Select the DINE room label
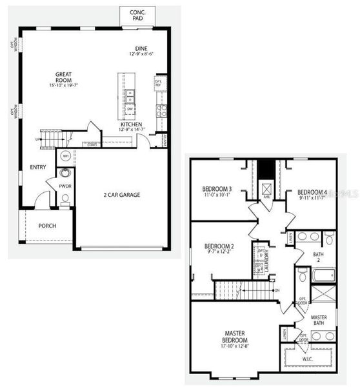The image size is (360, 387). [141, 48]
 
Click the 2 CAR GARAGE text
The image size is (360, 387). [122, 194]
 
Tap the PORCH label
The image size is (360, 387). [46, 226]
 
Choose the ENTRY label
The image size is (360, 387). [38, 168]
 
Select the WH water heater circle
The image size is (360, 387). [65, 156]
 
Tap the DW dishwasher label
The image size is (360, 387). [130, 108]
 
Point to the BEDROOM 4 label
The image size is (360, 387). [313, 192]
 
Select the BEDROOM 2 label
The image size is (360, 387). [218, 247]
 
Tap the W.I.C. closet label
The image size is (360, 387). [307, 359]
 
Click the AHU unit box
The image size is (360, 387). [265, 189]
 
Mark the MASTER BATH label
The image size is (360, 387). [319, 321]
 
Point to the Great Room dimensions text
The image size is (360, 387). [67, 86]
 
